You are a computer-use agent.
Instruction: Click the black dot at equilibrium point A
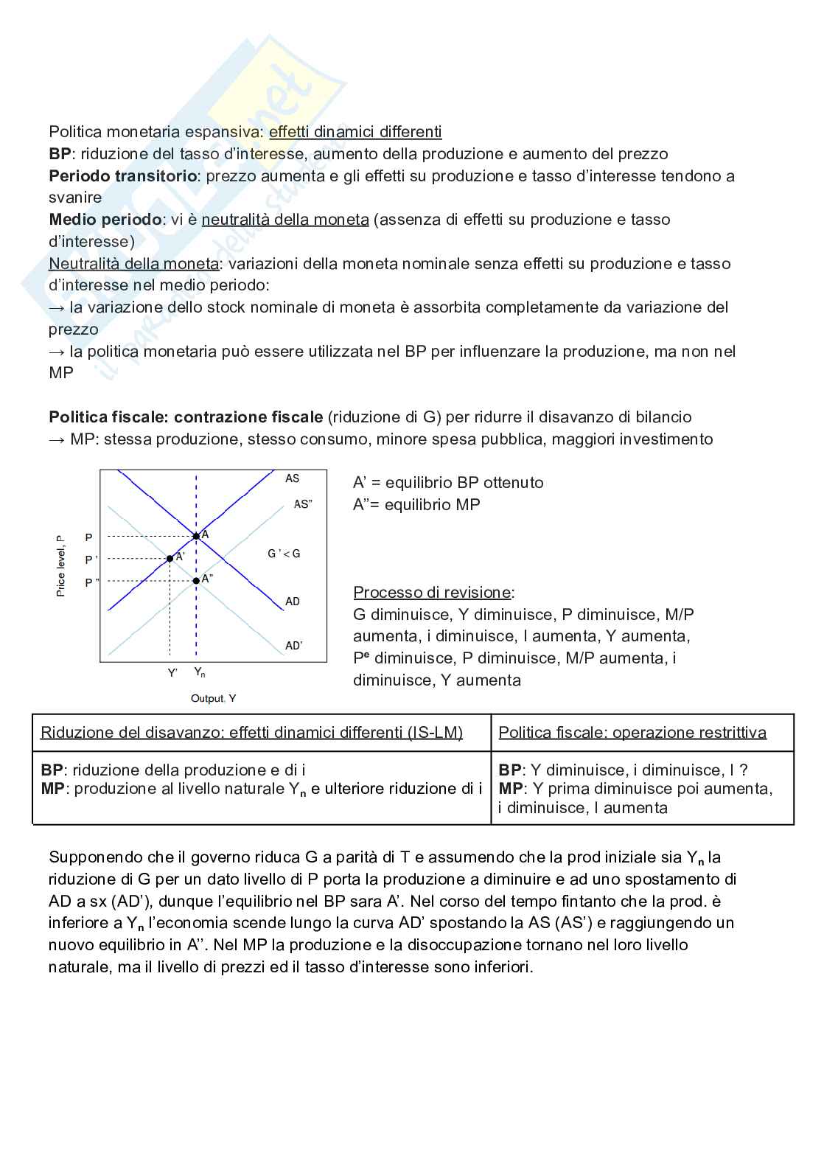tap(196, 536)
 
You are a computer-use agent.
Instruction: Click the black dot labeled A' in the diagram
tap(170, 558)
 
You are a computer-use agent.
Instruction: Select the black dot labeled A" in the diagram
tap(196, 581)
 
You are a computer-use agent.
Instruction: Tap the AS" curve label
tap(303, 504)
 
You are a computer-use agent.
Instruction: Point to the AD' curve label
tap(293, 646)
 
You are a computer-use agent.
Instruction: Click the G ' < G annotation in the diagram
tap(284, 554)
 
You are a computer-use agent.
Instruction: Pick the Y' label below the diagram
tap(172, 672)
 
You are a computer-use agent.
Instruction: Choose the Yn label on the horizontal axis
tap(200, 672)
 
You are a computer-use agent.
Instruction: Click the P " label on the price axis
tap(91, 582)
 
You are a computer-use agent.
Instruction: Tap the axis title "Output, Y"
tap(213, 698)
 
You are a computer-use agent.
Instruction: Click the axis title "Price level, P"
tap(61, 566)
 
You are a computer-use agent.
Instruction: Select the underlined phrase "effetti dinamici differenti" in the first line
tap(355, 132)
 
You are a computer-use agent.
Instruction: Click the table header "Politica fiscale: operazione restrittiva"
tap(632, 733)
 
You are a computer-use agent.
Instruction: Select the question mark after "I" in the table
tap(744, 770)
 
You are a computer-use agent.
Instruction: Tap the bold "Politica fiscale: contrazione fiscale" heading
tap(186, 417)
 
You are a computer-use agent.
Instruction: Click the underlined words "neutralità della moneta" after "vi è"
tap(285, 220)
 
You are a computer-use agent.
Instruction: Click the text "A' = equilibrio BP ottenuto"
tap(448, 483)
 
